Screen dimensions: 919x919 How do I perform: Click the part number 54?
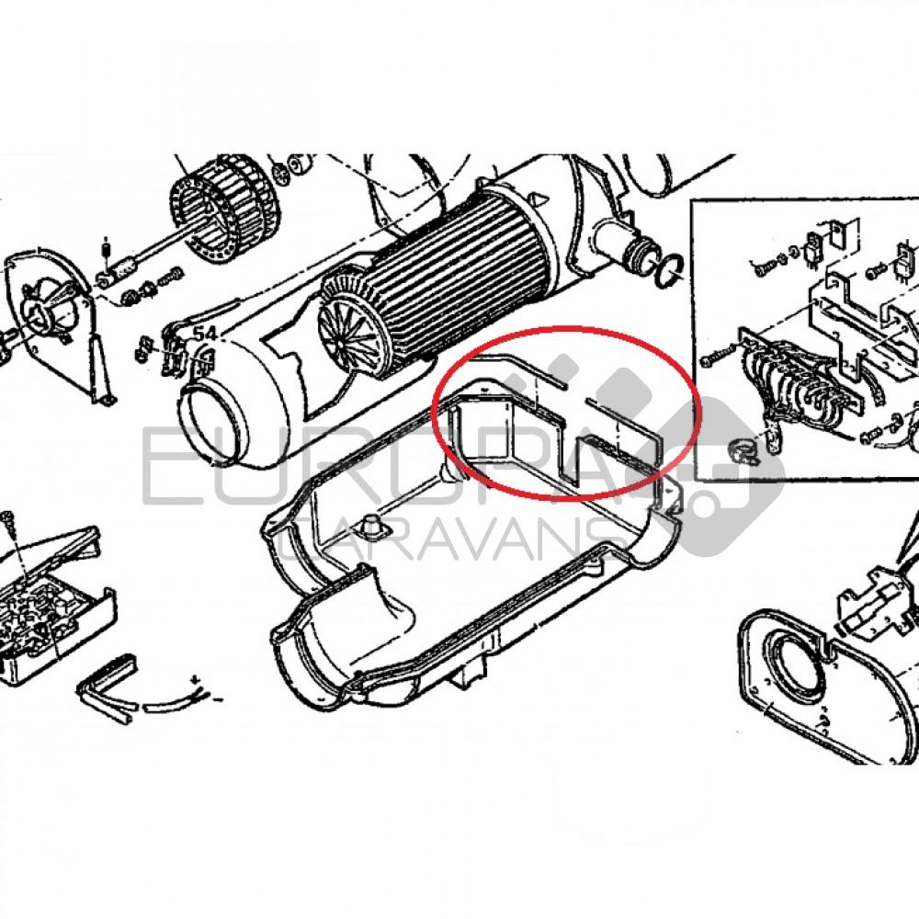(x=204, y=335)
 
